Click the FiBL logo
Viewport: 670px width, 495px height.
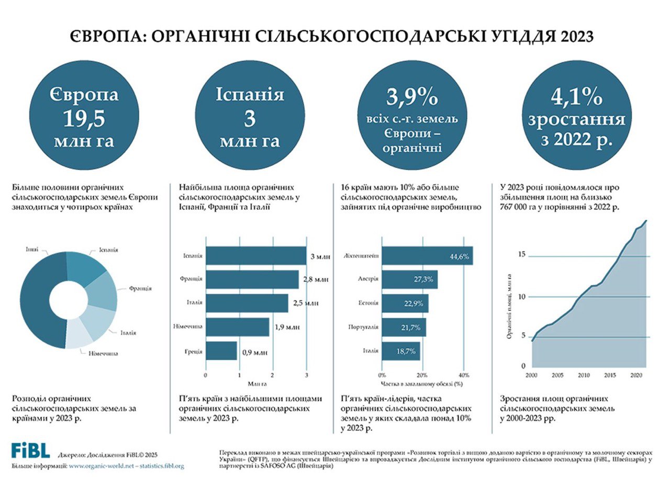tap(31, 451)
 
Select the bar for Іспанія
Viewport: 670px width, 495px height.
tap(255, 256)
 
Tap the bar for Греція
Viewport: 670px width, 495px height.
tap(221, 351)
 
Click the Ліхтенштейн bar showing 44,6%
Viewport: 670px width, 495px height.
tap(427, 256)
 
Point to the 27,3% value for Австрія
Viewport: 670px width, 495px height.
tap(423, 279)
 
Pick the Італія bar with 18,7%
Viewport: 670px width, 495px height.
tap(400, 351)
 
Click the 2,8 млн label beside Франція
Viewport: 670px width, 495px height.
tap(316, 279)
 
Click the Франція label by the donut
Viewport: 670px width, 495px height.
tap(140, 288)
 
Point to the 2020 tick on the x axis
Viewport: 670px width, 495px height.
tap(636, 375)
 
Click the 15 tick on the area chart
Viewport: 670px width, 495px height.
tap(521, 255)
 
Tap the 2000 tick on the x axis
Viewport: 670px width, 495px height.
tap(531, 375)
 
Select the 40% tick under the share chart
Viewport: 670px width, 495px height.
tap(463, 375)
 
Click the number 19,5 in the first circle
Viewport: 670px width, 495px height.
tap(84, 119)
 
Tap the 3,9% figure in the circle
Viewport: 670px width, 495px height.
tap(412, 98)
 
